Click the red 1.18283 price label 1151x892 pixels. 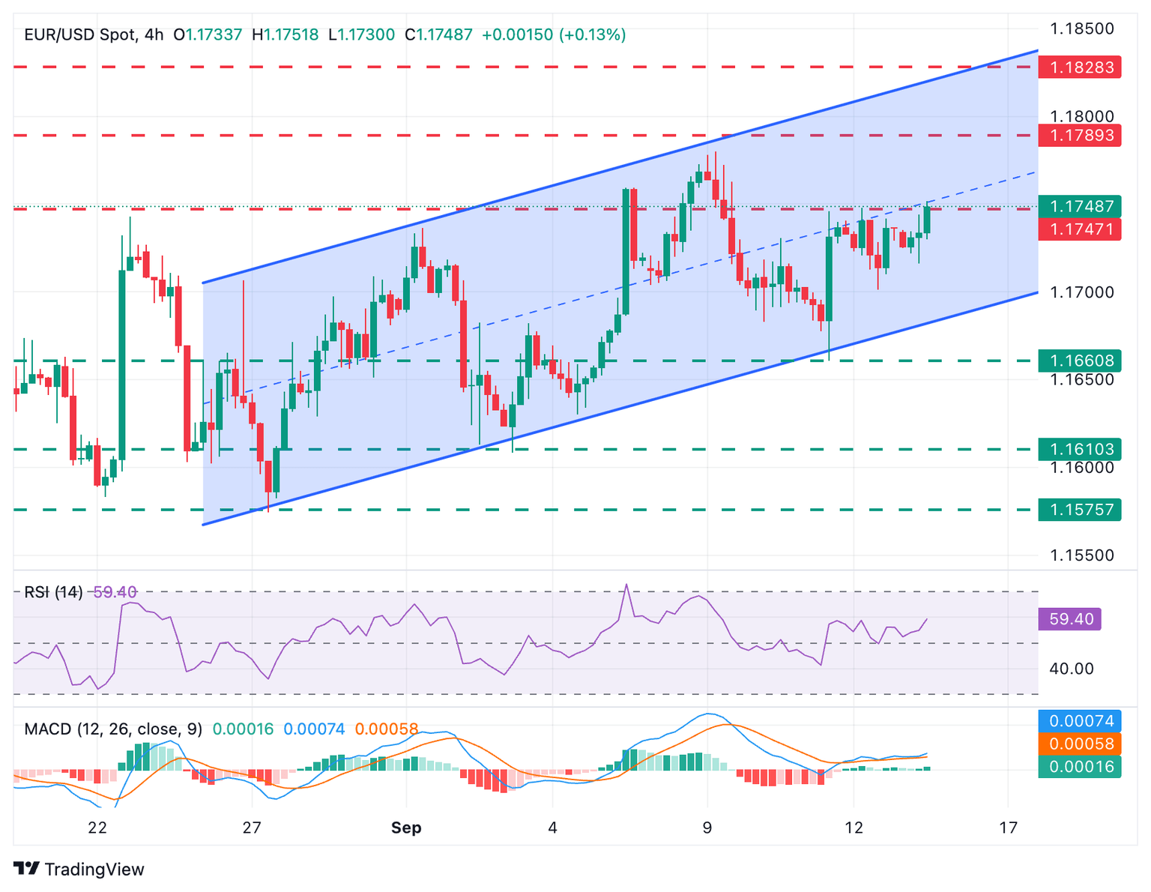1080,67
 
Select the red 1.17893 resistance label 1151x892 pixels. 1080,136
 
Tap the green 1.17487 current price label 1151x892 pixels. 1080,206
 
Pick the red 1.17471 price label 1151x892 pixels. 1080,229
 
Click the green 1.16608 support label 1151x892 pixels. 1080,361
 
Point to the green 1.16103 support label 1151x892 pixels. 1080,450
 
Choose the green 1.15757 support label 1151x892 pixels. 1080,510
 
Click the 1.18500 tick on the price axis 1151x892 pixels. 1081,29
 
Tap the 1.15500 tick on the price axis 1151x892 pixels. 1081,555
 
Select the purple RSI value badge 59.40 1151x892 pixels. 1071,619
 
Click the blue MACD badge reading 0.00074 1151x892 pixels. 1080,721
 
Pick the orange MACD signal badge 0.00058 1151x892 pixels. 1080,744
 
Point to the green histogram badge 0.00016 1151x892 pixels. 1080,766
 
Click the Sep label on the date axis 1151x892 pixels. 406,828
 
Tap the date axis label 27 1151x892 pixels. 252,828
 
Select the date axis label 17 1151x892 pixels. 1009,828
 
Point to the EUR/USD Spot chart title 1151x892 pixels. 81,34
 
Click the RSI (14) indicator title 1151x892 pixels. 53,592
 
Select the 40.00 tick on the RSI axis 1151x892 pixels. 1072,669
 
